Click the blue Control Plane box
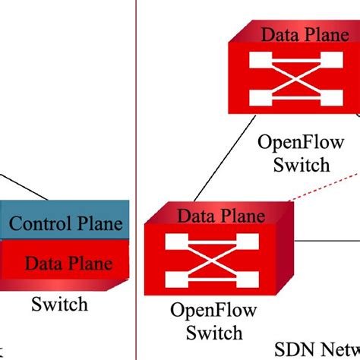64,223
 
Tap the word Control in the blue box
39,223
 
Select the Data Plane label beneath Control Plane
68,263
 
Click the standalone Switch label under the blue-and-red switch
59,305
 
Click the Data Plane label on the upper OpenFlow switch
300,33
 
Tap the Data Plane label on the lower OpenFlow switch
216,216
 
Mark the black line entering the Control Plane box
23,188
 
